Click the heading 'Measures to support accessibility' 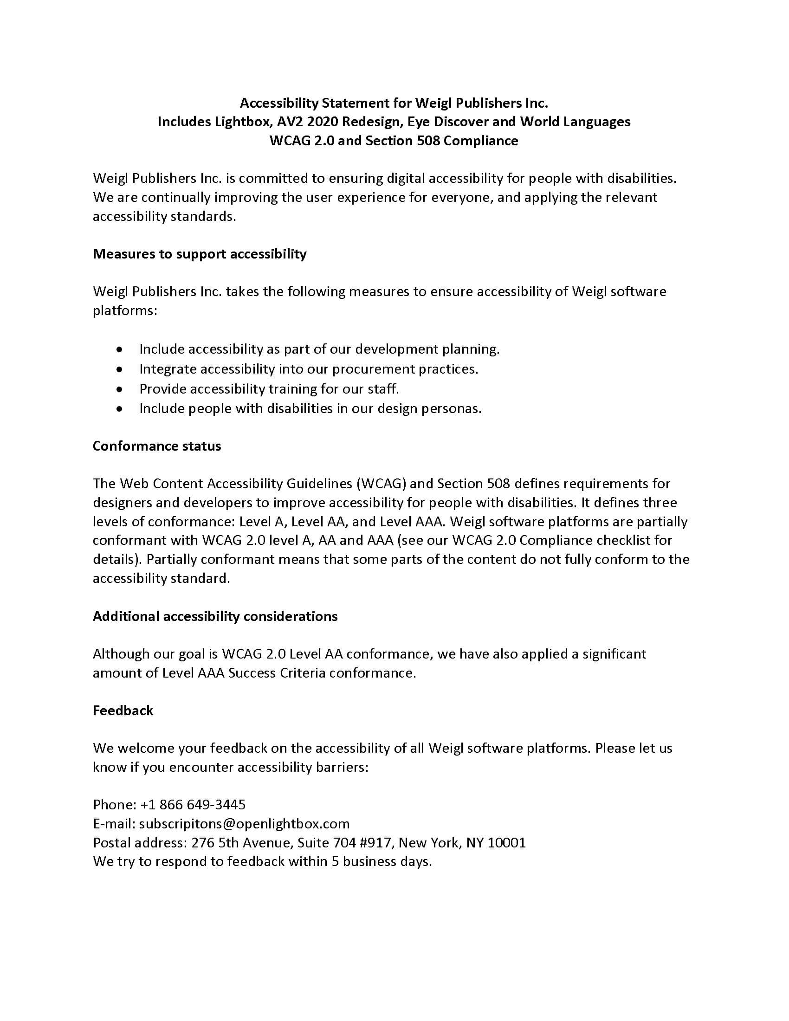200,254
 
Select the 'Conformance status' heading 156,446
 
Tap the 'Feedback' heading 123,711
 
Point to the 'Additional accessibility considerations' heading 215,616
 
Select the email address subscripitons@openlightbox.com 244,823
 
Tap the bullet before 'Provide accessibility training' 120,389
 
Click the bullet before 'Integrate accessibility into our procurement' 120,369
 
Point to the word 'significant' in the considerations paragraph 614,653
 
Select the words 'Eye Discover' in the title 444,122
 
